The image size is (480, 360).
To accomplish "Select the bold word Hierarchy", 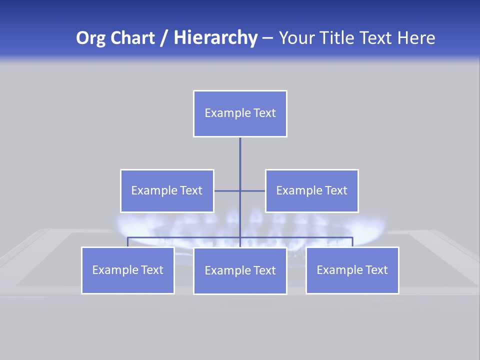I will click(x=215, y=38).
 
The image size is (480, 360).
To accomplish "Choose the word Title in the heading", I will click(x=338, y=38).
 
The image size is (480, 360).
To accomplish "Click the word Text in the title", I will click(x=377, y=38).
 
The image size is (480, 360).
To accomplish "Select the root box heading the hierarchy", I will click(x=240, y=113).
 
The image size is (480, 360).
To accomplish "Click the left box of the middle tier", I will click(x=167, y=190).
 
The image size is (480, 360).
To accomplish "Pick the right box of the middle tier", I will click(x=312, y=190).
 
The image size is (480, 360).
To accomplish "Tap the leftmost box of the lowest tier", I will click(x=127, y=270).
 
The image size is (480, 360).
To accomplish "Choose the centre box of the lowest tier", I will click(x=240, y=270).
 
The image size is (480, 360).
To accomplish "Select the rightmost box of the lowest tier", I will click(x=352, y=270).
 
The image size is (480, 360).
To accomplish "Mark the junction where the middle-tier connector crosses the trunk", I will click(x=240, y=190).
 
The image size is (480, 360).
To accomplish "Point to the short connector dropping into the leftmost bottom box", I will click(x=127, y=242).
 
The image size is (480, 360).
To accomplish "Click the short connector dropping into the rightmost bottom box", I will click(x=352, y=242).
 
